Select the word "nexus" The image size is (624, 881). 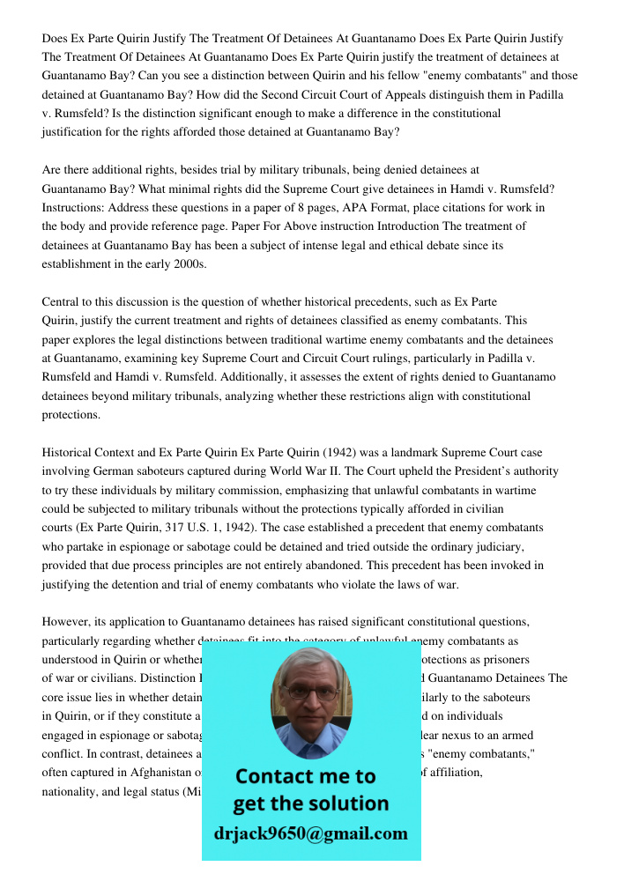[455, 735]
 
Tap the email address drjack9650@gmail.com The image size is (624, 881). [311, 833]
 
